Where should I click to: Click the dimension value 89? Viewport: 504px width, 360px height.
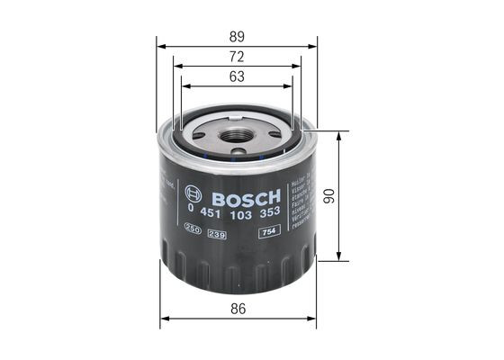point(237,36)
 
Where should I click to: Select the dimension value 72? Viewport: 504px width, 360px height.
point(237,57)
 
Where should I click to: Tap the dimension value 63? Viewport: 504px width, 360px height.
point(237,77)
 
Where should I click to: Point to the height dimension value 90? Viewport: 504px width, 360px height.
point(355,196)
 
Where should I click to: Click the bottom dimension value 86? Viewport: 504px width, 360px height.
point(238,309)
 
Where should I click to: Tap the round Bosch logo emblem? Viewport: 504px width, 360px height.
point(189,193)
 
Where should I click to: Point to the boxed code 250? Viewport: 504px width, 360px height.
point(192,233)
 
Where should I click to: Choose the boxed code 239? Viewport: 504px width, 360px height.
point(216,233)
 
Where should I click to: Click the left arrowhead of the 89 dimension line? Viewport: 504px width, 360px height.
point(160,45)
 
